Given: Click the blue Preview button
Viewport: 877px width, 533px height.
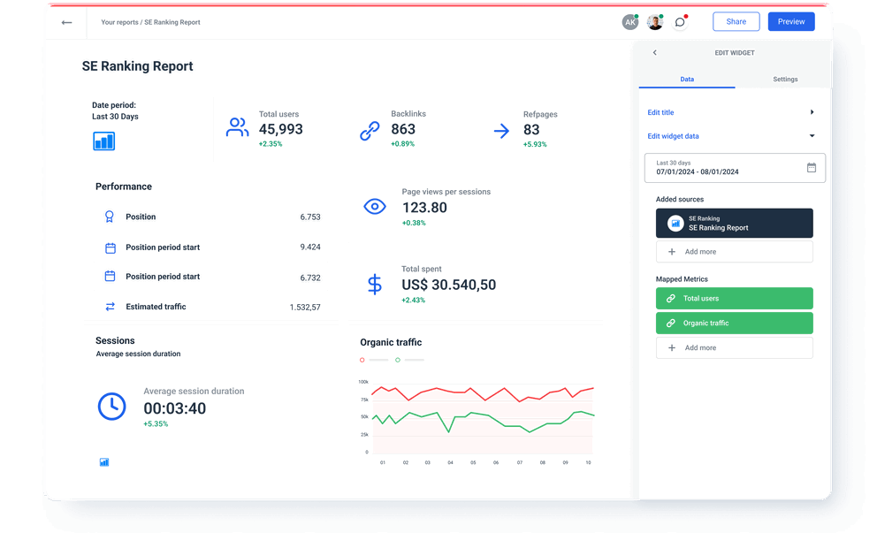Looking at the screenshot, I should click(790, 22).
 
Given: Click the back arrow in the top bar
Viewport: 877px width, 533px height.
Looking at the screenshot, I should click(66, 22).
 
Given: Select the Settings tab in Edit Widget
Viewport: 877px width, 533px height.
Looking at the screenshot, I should click(784, 80).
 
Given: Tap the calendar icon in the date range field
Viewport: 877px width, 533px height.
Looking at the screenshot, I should click(811, 168).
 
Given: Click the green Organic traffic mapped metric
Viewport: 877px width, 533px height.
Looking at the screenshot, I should click(734, 324).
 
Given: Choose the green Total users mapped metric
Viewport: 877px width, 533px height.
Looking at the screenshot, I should click(734, 299).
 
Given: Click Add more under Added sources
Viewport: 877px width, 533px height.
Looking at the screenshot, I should click(734, 252).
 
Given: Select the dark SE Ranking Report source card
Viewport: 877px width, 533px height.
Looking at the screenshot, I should click(734, 224).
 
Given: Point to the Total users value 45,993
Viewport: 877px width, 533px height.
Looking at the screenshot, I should click(280, 130).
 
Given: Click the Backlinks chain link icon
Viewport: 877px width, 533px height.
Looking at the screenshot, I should click(370, 131).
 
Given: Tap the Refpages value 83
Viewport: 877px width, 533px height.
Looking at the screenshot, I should click(530, 130).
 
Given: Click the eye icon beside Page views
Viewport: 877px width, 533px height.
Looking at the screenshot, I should click(375, 207).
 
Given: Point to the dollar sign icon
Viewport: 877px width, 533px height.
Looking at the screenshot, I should click(375, 284).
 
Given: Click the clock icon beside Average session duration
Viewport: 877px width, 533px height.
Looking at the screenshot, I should click(111, 406).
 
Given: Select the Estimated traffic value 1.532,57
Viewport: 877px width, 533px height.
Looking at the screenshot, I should click(305, 308).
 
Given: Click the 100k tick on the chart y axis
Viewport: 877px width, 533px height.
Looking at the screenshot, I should click(363, 382).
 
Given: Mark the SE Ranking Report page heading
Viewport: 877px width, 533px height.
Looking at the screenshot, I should click(137, 66).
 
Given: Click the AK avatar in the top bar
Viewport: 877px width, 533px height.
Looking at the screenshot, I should click(629, 23).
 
